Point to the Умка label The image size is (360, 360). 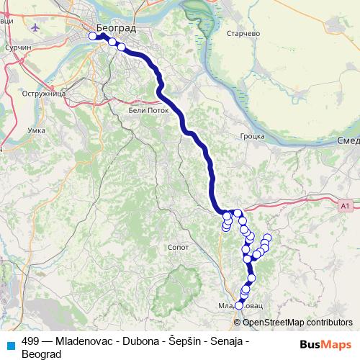click(x=35, y=130)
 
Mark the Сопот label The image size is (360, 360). click(x=176, y=246)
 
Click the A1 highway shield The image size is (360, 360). click(x=346, y=206)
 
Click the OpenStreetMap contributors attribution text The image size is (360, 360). click(x=297, y=323)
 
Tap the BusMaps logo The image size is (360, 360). click(x=325, y=344)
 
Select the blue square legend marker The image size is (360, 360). click(x=9, y=345)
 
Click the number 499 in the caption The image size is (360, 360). click(x=30, y=341)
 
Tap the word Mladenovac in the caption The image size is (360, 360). click(x=84, y=341)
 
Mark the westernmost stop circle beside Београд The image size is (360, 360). click(x=92, y=36)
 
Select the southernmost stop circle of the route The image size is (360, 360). click(x=239, y=305)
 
